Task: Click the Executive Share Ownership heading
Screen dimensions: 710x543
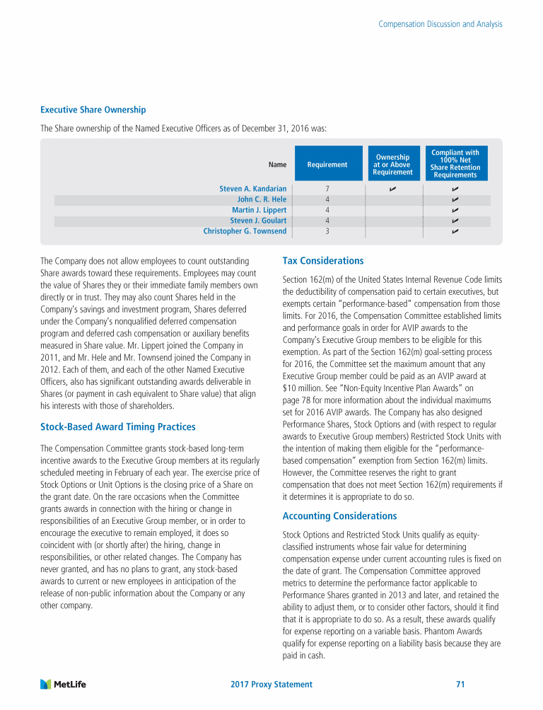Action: (93, 110)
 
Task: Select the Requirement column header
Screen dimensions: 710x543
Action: (327, 165)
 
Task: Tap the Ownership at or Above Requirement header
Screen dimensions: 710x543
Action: (392, 165)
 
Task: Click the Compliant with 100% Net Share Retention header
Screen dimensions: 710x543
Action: (455, 163)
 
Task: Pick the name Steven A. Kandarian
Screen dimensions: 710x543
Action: (253, 189)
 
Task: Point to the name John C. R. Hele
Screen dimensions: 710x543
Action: (262, 199)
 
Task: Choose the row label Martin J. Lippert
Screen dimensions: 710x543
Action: (259, 210)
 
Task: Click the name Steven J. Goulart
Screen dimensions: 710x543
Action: (258, 221)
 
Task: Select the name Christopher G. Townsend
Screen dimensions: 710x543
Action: (245, 231)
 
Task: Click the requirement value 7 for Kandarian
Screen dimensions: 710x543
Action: (327, 189)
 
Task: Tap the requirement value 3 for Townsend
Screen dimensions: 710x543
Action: (327, 231)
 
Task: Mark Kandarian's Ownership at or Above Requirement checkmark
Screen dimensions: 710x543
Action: (392, 189)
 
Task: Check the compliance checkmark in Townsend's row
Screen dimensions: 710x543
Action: (455, 231)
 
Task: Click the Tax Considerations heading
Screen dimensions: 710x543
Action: (322, 261)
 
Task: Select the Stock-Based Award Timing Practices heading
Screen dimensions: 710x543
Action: (118, 427)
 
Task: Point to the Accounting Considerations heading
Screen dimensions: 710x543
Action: (339, 516)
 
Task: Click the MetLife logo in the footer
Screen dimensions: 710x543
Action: (63, 684)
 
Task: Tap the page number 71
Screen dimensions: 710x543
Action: (461, 685)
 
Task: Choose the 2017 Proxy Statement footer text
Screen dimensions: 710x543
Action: (271, 685)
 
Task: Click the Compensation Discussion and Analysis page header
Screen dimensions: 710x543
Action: (440, 24)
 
